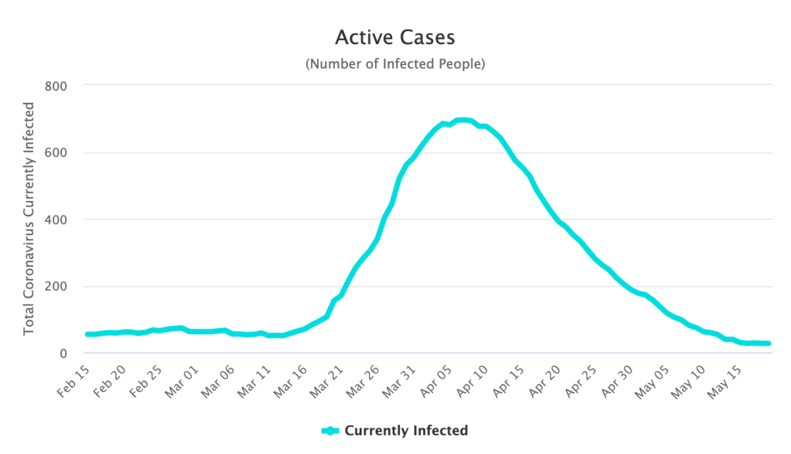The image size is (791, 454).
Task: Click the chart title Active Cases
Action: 395,37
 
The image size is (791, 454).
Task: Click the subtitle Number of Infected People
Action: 395,64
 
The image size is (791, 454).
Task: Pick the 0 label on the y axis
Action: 63,354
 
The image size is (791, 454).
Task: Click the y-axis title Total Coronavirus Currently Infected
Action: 29,218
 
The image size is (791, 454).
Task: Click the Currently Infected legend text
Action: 406,431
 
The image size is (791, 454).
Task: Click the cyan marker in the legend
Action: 331,431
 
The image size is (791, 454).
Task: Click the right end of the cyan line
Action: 769,343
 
